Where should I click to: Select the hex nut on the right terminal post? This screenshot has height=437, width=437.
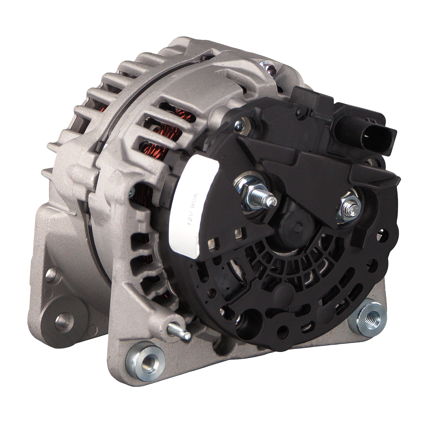click(348, 205)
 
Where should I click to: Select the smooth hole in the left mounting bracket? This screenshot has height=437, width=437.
click(64, 320)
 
